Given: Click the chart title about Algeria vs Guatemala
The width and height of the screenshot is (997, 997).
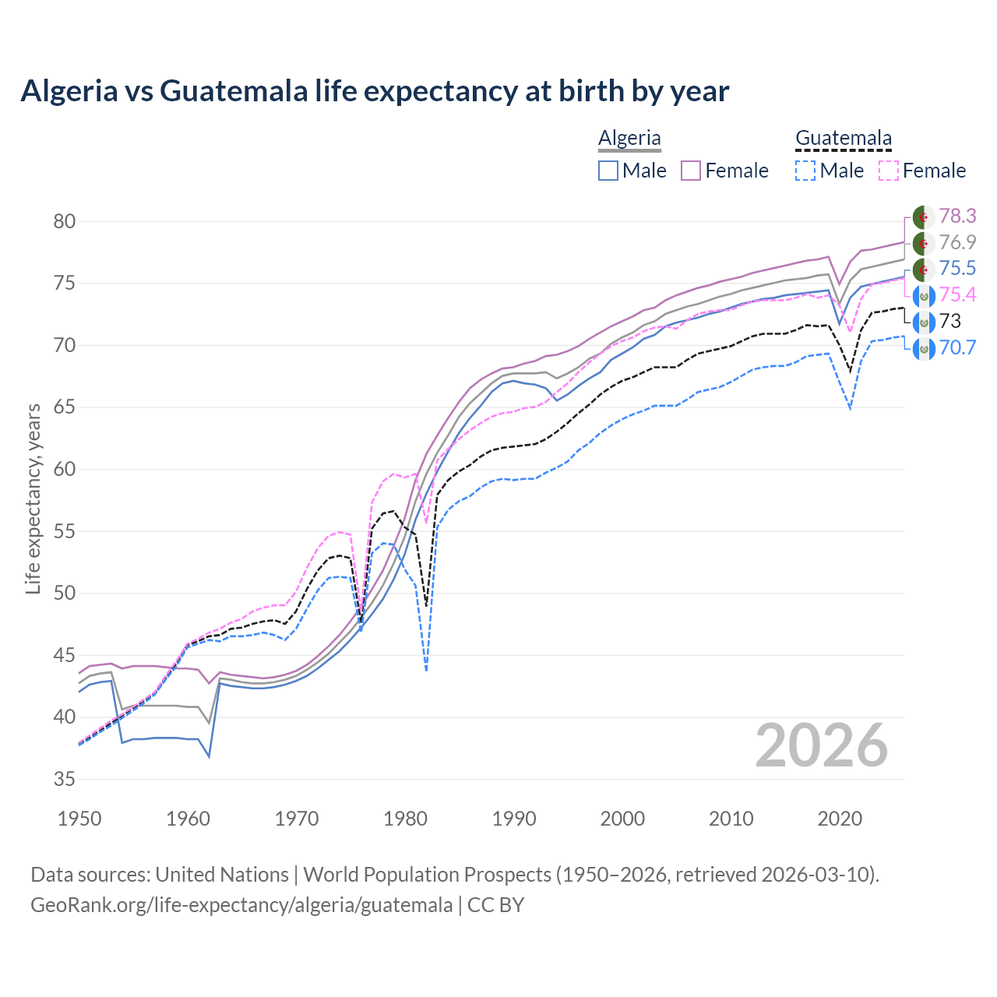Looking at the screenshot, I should pyautogui.click(x=375, y=91).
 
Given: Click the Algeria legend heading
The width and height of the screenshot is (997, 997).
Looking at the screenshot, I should pyautogui.click(x=629, y=138).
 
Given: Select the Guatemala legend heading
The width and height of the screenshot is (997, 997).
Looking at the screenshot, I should pyautogui.click(x=843, y=138).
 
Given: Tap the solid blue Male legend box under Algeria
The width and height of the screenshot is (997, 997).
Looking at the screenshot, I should pyautogui.click(x=608, y=171).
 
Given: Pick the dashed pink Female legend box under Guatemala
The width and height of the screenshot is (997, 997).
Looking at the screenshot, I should pyautogui.click(x=889, y=171).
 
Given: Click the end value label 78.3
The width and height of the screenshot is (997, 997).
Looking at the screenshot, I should pyautogui.click(x=957, y=216).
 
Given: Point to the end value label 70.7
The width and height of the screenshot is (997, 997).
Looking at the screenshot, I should pyautogui.click(x=957, y=347).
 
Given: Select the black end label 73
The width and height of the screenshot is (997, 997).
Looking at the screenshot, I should pyautogui.click(x=950, y=321).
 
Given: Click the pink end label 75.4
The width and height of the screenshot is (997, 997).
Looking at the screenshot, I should pyautogui.click(x=957, y=294).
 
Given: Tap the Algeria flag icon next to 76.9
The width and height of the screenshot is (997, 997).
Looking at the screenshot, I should pyautogui.click(x=923, y=243).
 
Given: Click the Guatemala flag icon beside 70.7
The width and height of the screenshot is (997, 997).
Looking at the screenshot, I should pyautogui.click(x=923, y=348).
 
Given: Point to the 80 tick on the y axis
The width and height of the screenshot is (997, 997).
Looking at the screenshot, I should pyautogui.click(x=65, y=221).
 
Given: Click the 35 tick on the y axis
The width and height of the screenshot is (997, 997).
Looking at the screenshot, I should pyautogui.click(x=65, y=779).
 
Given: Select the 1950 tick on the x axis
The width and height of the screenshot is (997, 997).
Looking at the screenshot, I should pyautogui.click(x=79, y=819).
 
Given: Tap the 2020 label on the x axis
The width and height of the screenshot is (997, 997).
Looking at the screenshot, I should pyautogui.click(x=840, y=819).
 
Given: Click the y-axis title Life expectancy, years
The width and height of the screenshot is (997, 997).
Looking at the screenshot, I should pyautogui.click(x=33, y=498).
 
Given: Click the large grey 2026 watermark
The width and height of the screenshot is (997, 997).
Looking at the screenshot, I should pyautogui.click(x=821, y=746).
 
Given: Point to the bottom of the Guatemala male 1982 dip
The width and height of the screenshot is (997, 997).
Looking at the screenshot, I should pyautogui.click(x=426, y=669).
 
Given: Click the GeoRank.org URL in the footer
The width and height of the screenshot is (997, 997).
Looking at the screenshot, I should pyautogui.click(x=241, y=905).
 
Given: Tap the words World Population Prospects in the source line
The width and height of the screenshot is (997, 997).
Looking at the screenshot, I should pyautogui.click(x=427, y=875).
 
